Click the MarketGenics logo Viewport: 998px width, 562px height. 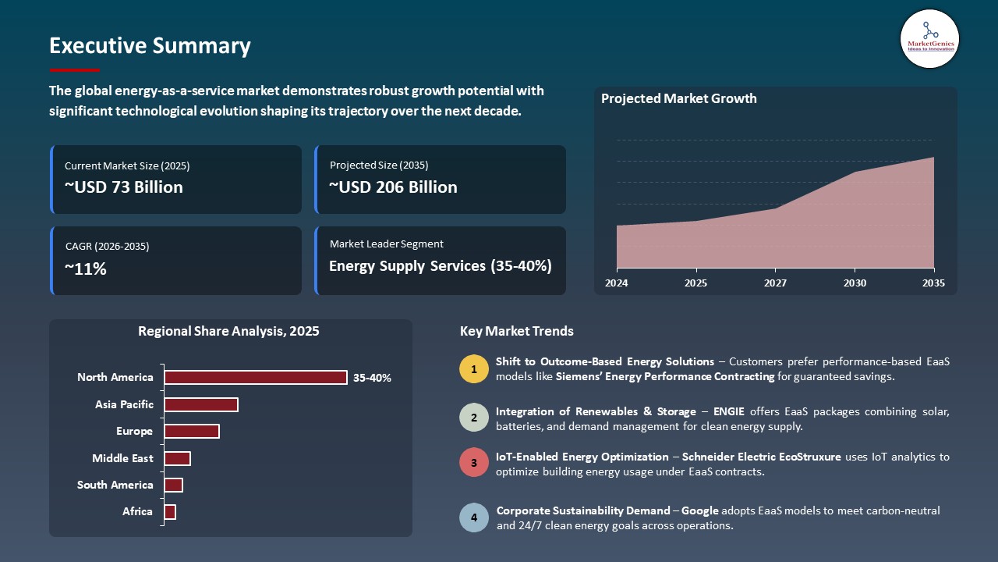[929, 38]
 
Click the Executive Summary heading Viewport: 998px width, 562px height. [150, 46]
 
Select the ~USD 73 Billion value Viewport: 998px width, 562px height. [124, 187]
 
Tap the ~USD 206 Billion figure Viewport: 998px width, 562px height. [393, 187]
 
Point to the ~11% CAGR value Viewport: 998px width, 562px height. [86, 269]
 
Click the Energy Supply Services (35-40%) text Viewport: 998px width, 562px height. [440, 266]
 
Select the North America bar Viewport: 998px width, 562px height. [255, 378]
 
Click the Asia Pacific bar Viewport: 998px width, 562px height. [200, 404]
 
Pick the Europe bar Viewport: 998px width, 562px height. [191, 432]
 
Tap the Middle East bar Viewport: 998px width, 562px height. [177, 458]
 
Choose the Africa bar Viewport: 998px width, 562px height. [170, 512]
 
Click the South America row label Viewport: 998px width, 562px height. [115, 486]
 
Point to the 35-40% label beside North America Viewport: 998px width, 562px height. [372, 378]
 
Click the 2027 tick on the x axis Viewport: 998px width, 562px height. [775, 283]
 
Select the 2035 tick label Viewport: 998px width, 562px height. [933, 283]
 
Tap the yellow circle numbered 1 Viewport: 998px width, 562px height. [473, 369]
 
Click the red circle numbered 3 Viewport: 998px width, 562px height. [473, 463]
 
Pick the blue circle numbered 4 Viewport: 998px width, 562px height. [473, 518]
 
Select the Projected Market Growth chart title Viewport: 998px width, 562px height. [678, 99]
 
